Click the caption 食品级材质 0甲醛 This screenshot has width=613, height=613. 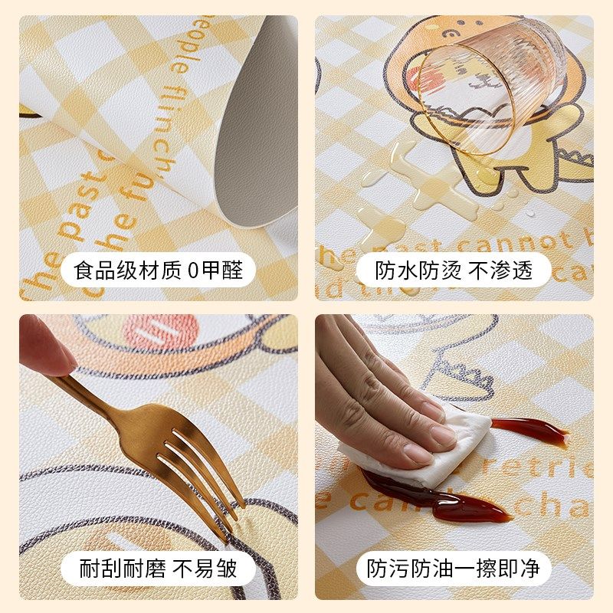(x=159, y=270)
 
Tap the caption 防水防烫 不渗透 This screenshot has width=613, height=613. (x=454, y=270)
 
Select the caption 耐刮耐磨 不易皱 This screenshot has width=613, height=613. (x=159, y=568)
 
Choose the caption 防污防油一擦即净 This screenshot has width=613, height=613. (x=454, y=568)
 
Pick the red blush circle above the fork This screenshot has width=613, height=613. (x=161, y=332)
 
